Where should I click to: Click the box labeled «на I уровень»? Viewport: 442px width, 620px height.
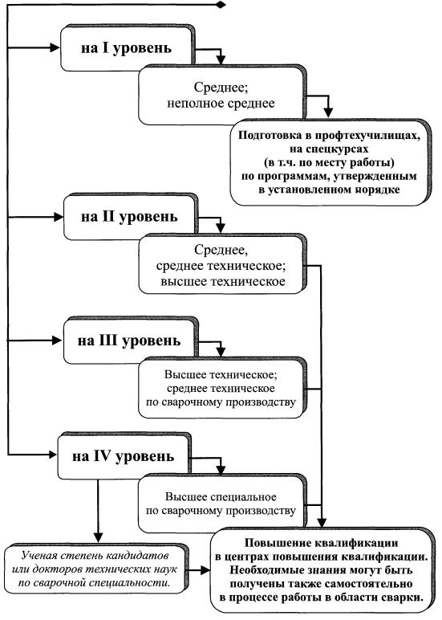[x=128, y=48]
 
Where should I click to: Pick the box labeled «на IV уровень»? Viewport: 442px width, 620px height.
[x=124, y=456]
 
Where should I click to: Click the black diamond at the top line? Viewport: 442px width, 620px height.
[x=221, y=5]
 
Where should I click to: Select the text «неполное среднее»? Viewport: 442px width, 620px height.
[x=221, y=104]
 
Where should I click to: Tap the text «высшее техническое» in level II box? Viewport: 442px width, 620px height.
[x=223, y=282]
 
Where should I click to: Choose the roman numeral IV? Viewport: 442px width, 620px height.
[x=102, y=456]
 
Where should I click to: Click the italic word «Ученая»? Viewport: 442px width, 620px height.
[x=39, y=556]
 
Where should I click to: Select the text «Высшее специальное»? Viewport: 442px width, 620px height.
[x=221, y=497]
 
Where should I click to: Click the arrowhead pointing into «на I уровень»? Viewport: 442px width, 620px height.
[x=55, y=48]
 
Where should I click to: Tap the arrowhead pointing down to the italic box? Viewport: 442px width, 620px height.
[x=98, y=537]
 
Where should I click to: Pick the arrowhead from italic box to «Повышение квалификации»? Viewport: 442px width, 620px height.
[x=205, y=569]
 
